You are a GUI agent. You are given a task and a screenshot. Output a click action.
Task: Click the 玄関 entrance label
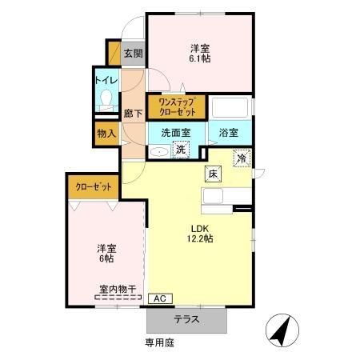[134, 54]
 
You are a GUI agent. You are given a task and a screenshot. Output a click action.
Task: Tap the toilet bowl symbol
[106, 101]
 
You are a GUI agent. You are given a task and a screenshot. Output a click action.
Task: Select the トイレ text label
[106, 80]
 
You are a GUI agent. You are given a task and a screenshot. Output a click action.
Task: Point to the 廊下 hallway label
[133, 114]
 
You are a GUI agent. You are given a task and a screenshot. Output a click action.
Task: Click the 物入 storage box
[106, 132]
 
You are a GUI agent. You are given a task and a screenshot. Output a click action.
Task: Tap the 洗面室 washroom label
[175, 133]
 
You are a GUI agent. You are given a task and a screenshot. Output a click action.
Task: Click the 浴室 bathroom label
[230, 133]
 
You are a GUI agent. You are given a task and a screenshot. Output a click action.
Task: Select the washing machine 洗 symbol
[182, 149]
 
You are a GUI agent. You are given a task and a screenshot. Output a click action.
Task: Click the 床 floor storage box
[213, 174]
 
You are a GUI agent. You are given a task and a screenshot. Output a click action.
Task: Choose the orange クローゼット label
[93, 186]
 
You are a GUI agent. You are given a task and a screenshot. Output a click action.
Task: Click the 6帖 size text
[106, 258]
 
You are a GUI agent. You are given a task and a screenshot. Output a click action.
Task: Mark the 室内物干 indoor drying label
[118, 288]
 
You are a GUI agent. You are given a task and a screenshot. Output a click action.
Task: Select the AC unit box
[159, 298]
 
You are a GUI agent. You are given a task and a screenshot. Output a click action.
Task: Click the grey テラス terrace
[187, 319]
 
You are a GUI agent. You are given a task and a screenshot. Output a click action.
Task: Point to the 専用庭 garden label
[159, 342]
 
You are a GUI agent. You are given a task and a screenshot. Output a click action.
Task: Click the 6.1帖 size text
[200, 59]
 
